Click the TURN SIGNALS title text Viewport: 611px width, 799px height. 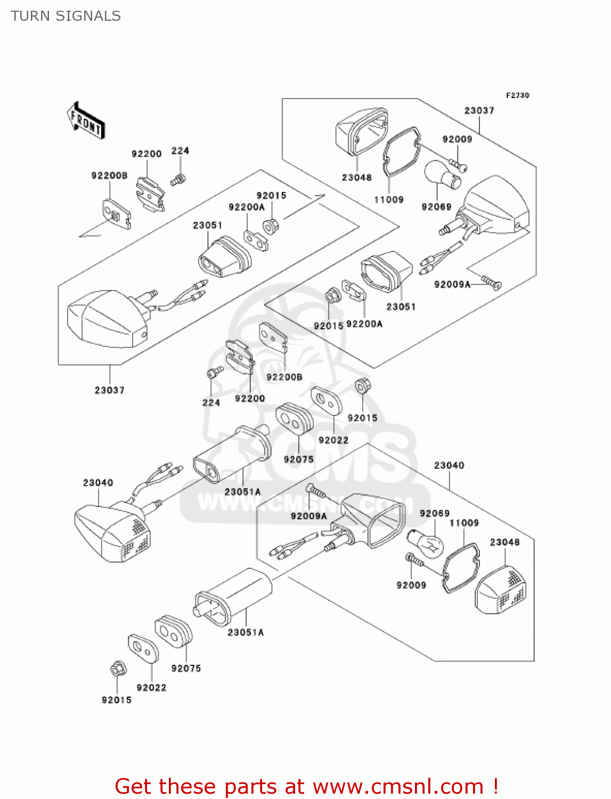[x=66, y=16]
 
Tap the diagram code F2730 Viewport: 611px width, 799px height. [x=517, y=95]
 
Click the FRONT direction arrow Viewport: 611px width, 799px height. [x=86, y=121]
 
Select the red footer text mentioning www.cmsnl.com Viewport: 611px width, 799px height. [x=306, y=786]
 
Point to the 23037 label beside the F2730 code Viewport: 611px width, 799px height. [x=479, y=110]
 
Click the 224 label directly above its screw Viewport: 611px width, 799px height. [x=180, y=151]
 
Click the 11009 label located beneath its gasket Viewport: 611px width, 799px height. [x=388, y=200]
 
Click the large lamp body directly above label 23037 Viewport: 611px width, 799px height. [x=108, y=319]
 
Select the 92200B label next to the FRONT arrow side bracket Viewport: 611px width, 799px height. [x=109, y=176]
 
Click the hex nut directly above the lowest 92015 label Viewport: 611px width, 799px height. [x=117, y=669]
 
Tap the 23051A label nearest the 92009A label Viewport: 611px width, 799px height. [x=243, y=492]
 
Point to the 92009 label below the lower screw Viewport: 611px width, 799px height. [x=411, y=585]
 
